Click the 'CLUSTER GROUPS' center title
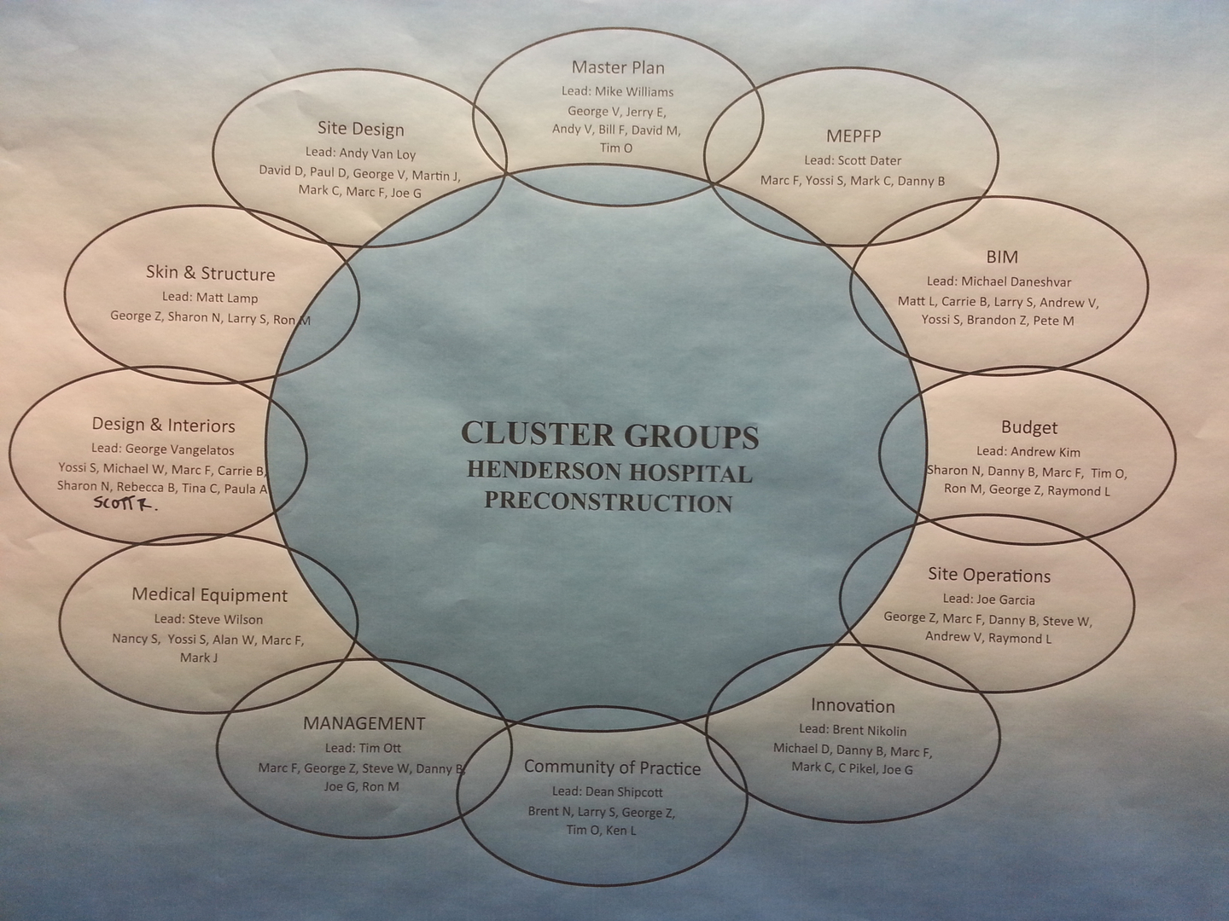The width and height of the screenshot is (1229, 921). pos(609,435)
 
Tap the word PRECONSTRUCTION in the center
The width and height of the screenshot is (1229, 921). pos(609,501)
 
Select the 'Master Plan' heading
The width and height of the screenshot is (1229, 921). pos(618,67)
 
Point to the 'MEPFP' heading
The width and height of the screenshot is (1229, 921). pos(853,136)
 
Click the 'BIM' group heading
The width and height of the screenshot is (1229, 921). pos(1002,257)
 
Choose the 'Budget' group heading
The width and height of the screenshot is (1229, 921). pos(1029,427)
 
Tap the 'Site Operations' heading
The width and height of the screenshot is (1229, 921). pos(989,575)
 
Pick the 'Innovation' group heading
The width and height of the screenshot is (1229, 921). pos(853,705)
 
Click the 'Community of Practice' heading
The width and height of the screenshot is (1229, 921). pos(612,767)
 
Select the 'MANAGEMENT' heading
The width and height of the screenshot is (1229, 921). pos(364,723)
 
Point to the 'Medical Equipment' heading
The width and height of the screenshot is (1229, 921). pos(209,594)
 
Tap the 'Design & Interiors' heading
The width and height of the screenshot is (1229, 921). pos(163,425)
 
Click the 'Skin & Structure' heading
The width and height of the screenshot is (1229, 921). pos(210,273)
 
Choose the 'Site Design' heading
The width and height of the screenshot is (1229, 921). pos(360,129)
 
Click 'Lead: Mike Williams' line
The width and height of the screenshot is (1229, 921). pos(617,91)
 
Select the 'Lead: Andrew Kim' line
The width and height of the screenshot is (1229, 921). pos(1028,451)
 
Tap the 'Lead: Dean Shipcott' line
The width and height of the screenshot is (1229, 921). pos(607,791)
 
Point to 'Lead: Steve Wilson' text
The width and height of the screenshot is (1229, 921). pos(208,619)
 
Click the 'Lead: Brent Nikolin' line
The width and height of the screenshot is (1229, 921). pos(853,730)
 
